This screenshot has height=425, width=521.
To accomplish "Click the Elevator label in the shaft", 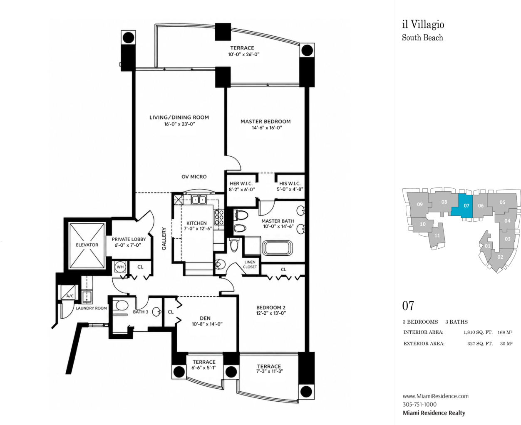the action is pyautogui.click(x=87, y=245).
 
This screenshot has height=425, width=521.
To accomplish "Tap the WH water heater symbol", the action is pyautogui.click(x=120, y=267).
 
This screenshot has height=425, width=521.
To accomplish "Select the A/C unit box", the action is pyautogui.click(x=69, y=292).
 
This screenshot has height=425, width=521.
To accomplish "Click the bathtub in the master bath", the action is pyautogui.click(x=277, y=248).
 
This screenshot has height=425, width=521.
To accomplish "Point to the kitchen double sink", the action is pyautogui.click(x=198, y=200).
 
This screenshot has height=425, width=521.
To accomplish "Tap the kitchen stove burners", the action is pyautogui.click(x=218, y=217).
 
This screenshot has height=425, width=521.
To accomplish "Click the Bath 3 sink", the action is pyautogui.click(x=156, y=312).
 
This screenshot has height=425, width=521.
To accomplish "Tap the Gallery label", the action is pyautogui.click(x=164, y=239).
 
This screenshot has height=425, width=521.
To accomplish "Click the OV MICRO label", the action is pyautogui.click(x=194, y=177).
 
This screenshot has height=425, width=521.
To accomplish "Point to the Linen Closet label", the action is pyautogui.click(x=250, y=264).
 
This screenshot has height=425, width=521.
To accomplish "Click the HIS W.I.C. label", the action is pyautogui.click(x=290, y=183).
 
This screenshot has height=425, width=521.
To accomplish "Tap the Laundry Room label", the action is pyautogui.click(x=91, y=308).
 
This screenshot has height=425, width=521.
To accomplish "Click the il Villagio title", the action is pyautogui.click(x=423, y=25).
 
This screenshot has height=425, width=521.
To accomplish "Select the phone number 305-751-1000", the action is pyautogui.click(x=419, y=405).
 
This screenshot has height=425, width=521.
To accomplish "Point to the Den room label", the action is pyautogui.click(x=205, y=318).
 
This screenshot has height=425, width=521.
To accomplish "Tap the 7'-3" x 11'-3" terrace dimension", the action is pyautogui.click(x=269, y=371).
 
